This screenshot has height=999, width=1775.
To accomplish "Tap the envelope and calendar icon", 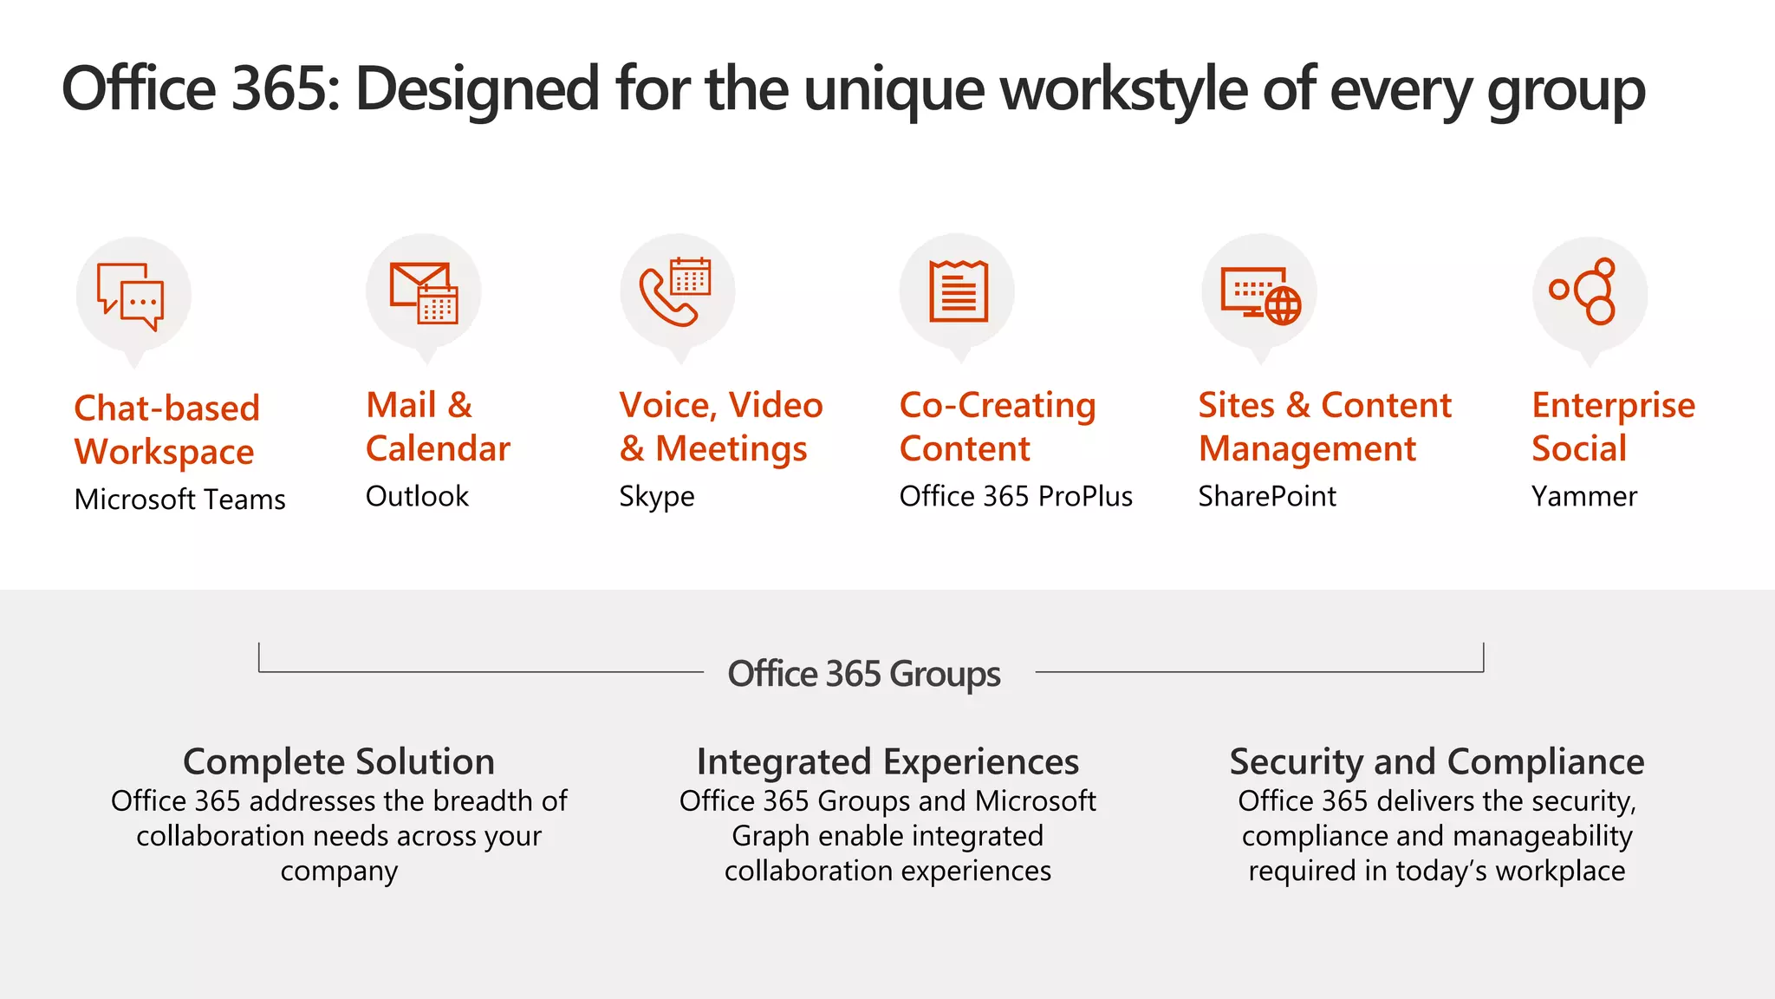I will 424,292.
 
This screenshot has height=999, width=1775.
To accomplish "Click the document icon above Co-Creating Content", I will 958,291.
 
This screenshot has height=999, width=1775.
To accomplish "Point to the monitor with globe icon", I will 1260,293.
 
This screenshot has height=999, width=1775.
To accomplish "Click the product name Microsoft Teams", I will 179,499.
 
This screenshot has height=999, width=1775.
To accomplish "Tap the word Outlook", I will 417,496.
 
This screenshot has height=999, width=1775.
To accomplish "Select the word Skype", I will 656,497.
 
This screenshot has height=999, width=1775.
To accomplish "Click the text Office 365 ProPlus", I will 1016,496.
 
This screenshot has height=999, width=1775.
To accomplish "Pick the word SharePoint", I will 1267,496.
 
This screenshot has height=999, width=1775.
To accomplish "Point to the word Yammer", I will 1584,496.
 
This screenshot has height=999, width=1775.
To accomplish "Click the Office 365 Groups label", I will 864,674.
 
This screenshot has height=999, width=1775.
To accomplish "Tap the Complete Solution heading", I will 339,761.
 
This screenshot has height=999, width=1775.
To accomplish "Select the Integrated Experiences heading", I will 887,761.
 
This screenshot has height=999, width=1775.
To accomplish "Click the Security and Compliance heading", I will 1437,761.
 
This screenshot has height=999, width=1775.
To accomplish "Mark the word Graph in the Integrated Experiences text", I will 770,836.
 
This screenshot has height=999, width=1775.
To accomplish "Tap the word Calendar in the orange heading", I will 438,448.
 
